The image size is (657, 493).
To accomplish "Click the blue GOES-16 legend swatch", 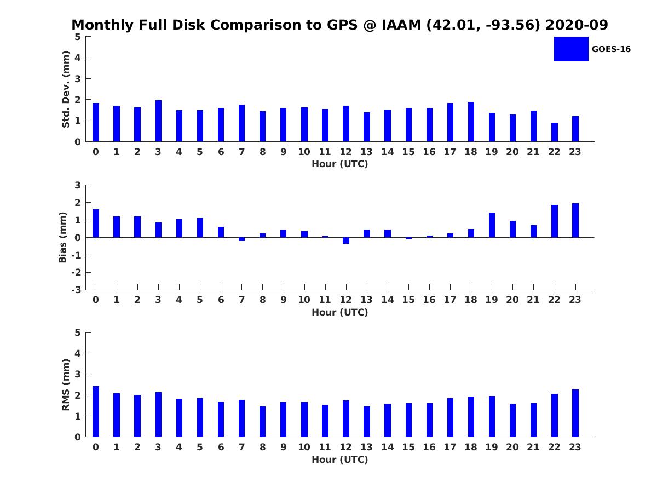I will point(571,49).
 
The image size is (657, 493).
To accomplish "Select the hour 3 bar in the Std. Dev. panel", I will point(158,121).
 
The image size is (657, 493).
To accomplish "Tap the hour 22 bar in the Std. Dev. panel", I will point(555,132).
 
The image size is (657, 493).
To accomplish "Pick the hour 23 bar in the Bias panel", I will point(575,220).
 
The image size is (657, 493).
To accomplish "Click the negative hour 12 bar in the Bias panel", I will point(346,240).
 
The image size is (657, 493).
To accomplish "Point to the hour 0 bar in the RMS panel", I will point(96,411).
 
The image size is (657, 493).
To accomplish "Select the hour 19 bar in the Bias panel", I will point(492,225).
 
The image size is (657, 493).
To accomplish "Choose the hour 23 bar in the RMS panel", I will point(575,413).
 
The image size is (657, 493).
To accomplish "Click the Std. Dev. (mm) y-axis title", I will point(66,89).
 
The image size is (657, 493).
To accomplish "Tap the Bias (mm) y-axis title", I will point(63,237).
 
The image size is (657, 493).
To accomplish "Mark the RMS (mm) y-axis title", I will point(66,385).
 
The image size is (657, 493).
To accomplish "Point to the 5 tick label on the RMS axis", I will point(78,333).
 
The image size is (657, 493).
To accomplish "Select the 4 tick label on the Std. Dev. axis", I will point(78,58).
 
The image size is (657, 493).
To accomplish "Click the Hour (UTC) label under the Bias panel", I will point(339,312).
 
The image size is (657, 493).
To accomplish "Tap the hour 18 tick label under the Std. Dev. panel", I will point(471,152).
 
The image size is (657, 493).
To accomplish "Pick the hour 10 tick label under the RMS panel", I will point(304,447).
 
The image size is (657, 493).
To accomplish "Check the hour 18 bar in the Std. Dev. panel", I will point(471,122).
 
